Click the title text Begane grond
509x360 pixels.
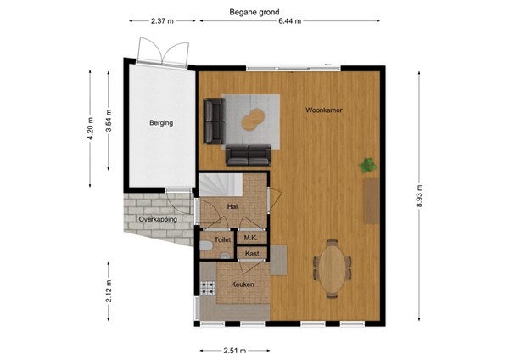(254, 12)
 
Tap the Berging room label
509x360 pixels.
(161, 123)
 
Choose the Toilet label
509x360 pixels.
(222, 240)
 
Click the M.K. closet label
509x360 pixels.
(251, 239)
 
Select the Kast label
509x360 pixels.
(252, 253)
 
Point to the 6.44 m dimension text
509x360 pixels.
(293, 21)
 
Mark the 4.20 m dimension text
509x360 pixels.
(90, 127)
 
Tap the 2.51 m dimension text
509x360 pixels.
(235, 351)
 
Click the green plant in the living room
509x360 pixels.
(368, 165)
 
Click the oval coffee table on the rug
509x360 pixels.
(252, 121)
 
